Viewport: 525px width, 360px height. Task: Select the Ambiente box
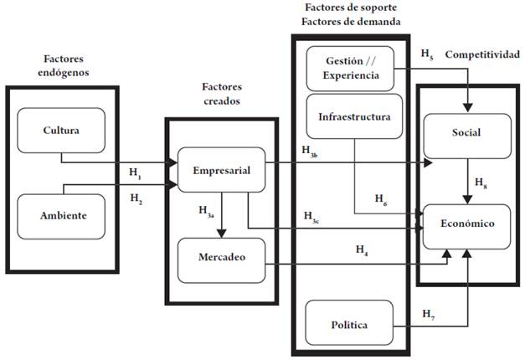pyautogui.click(x=61, y=215)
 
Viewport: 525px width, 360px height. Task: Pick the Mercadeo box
pyautogui.click(x=221, y=259)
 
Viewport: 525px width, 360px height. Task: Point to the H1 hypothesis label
pyautogui.click(x=135, y=173)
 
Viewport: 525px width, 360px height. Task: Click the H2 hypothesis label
pyautogui.click(x=135, y=199)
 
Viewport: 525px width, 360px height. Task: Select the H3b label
pyautogui.click(x=310, y=151)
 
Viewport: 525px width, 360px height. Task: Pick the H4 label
pyautogui.click(x=362, y=249)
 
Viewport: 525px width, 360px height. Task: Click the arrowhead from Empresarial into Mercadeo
pyautogui.click(x=220, y=234)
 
